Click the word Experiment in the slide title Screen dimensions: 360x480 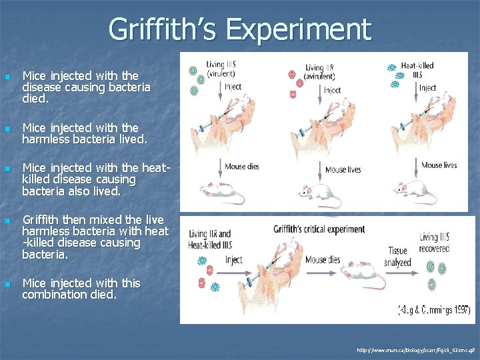pyautogui.click(x=298, y=30)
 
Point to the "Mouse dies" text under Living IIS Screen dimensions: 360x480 pyautogui.click(x=242, y=167)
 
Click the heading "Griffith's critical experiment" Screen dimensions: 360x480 pyautogui.click(x=319, y=229)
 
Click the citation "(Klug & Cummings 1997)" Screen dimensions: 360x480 pyautogui.click(x=434, y=309)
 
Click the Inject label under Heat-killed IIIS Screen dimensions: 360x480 pyautogui.click(x=427, y=87)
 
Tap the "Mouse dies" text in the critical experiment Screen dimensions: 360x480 pyautogui.click(x=325, y=260)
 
